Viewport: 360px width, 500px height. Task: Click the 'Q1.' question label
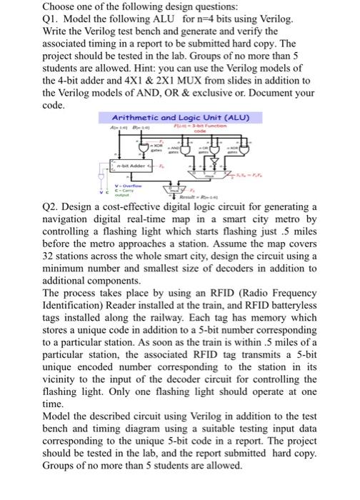33,19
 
